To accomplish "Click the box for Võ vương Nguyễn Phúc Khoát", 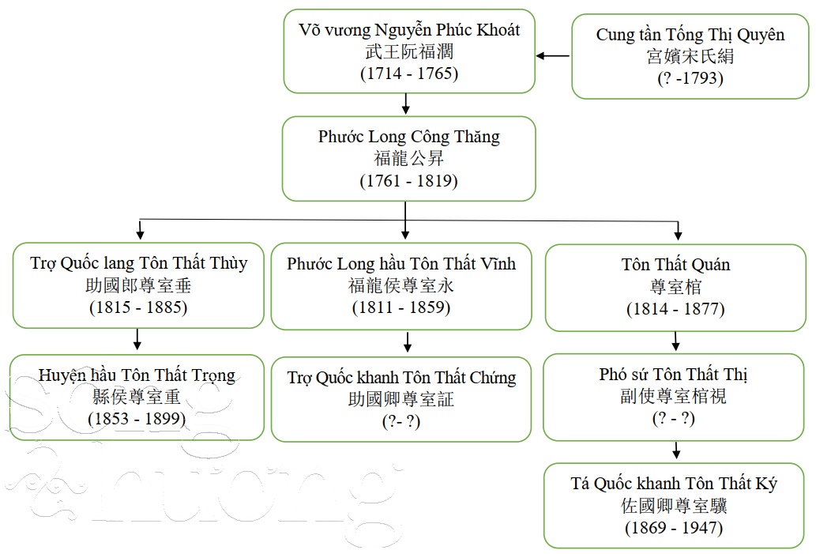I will (408, 52).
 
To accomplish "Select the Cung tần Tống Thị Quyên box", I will (690, 57).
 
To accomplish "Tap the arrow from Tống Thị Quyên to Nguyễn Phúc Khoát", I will (553, 55).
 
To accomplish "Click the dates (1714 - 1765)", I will (408, 73).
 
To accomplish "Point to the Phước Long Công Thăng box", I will (408, 158).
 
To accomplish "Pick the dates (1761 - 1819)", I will (408, 180).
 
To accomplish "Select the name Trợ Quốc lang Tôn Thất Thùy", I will (139, 263).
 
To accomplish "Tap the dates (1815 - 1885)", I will (138, 307).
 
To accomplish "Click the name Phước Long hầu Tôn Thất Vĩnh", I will (401, 263).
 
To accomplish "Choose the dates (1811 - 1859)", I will (401, 307).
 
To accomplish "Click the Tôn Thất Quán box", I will (675, 286).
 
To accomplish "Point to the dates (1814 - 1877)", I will (675, 308).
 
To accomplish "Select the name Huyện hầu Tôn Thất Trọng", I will (137, 375).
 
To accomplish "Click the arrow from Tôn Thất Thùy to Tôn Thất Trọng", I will (137, 340).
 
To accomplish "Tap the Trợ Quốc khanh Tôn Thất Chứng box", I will (401, 399).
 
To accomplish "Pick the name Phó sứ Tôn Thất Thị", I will (674, 375).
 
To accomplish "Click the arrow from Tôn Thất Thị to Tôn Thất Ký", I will (676, 451).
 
